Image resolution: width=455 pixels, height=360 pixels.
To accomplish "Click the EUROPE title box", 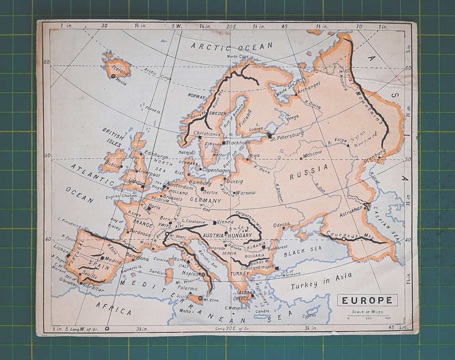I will point(367,300).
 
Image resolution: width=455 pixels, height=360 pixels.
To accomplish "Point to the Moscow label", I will point(312,154).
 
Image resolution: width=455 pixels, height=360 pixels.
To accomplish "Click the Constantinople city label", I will point(257,267).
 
